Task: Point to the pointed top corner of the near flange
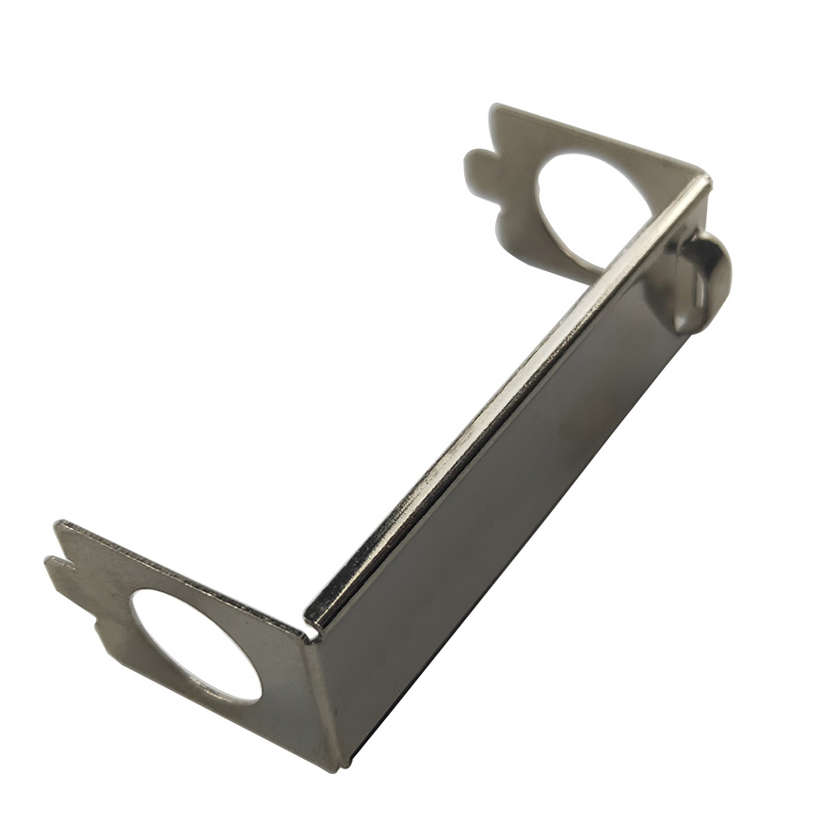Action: [59, 524]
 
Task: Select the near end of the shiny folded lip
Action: [315, 617]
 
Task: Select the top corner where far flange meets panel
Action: [704, 176]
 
